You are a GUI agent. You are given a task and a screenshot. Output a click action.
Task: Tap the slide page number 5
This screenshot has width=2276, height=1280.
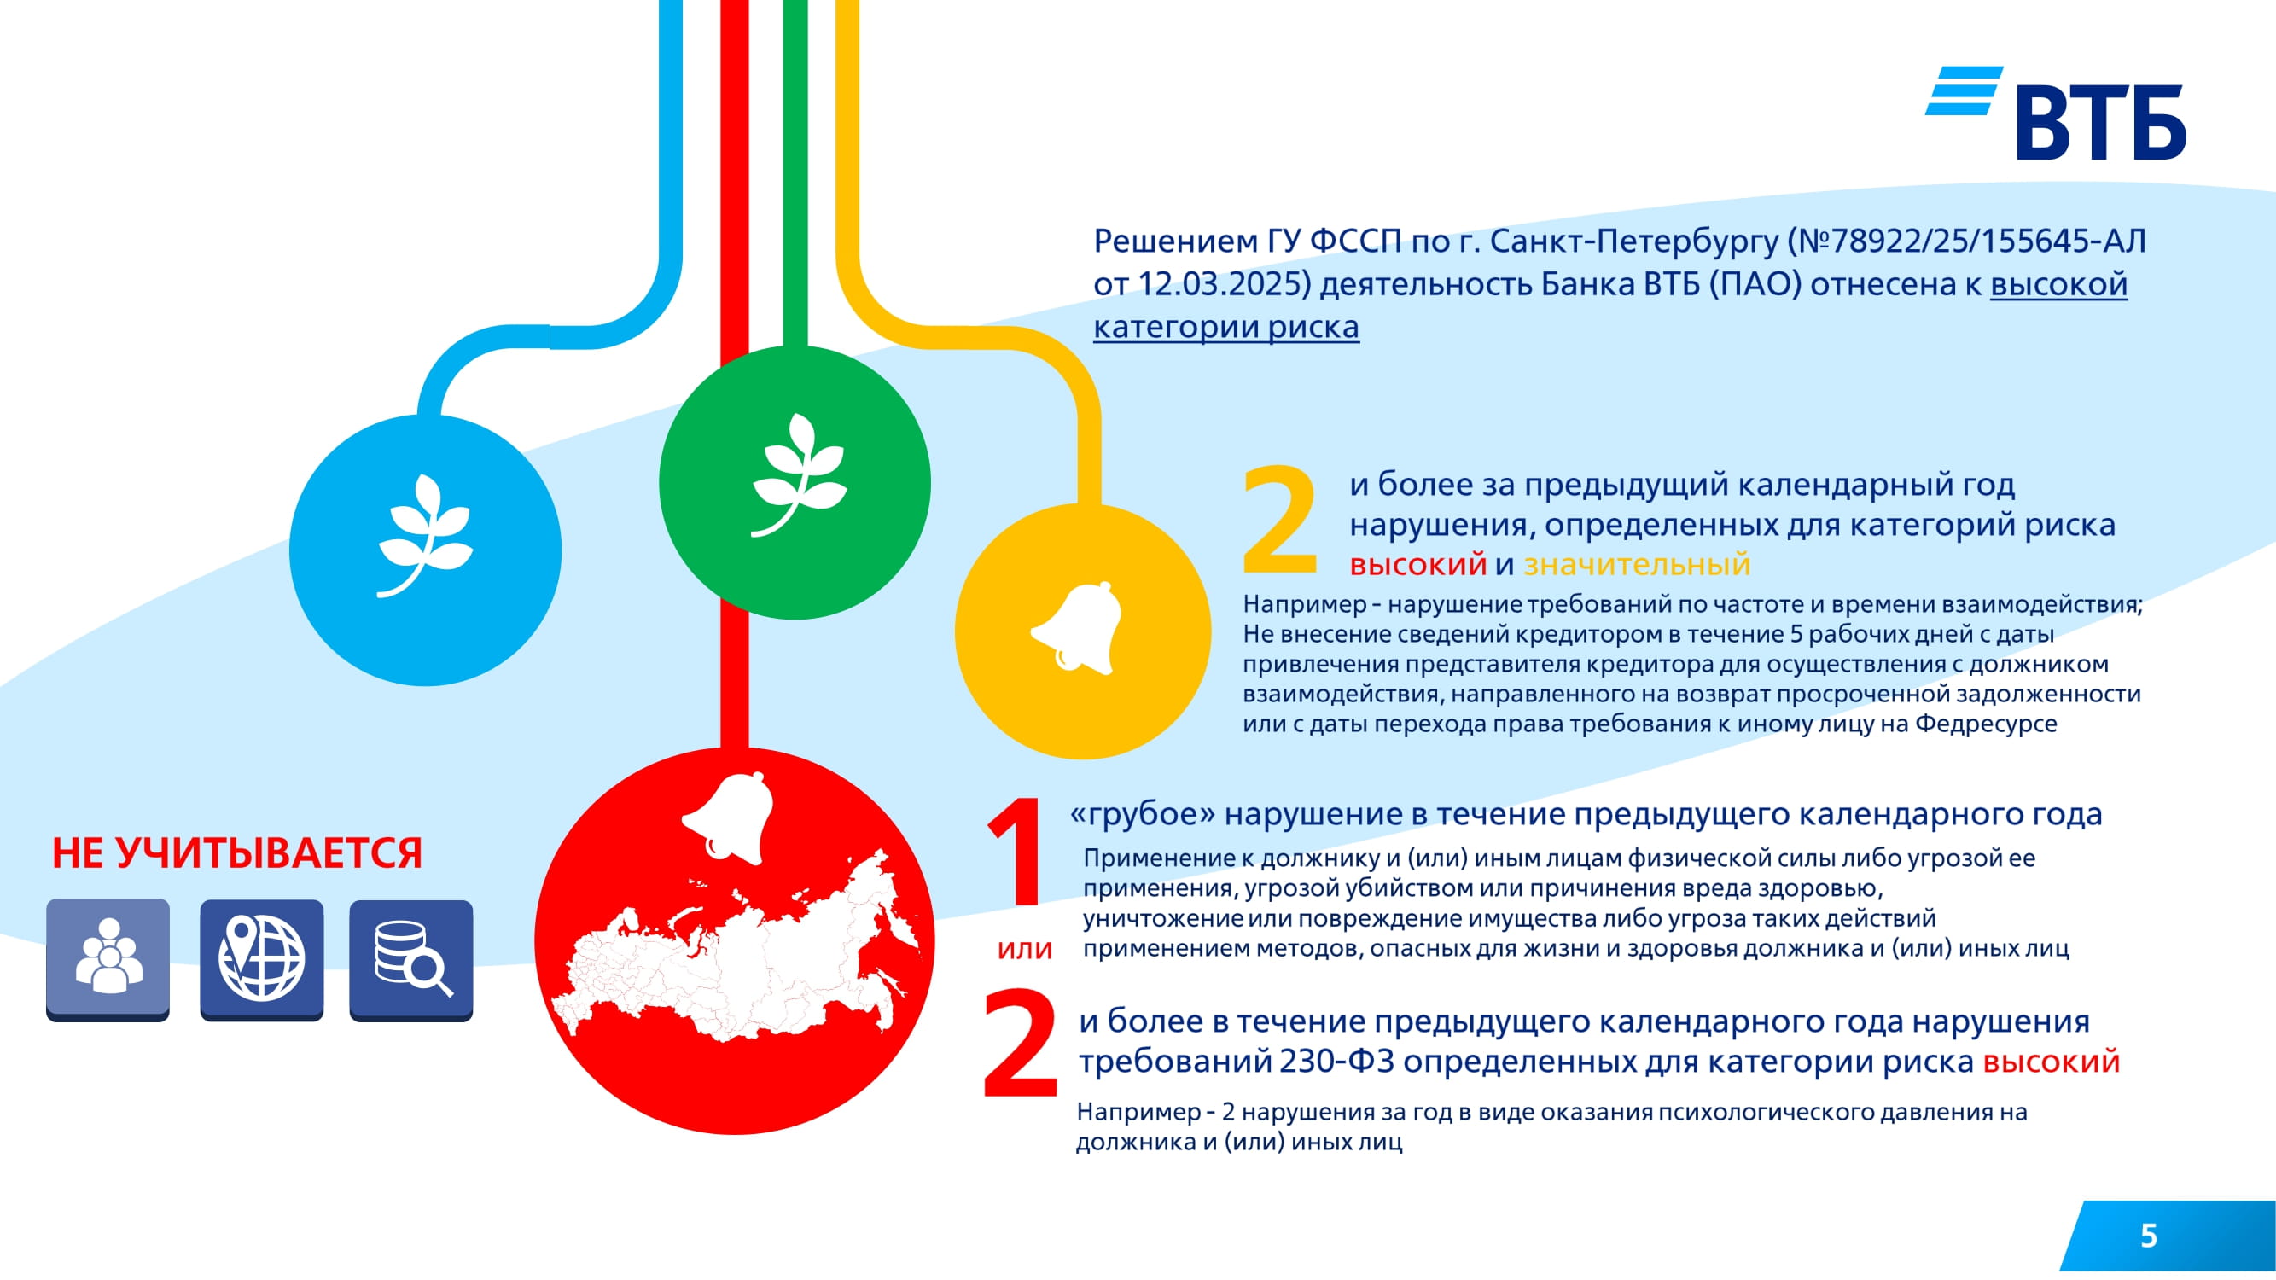tap(2149, 1236)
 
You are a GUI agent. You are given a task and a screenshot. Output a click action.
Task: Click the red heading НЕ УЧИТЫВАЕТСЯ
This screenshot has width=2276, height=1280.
tap(236, 853)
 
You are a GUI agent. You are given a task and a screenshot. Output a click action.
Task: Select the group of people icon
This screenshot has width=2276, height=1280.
tap(108, 959)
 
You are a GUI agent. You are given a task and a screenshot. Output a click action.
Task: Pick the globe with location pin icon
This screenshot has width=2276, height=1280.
tap(261, 959)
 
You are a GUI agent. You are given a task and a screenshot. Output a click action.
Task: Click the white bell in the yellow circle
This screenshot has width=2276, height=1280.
tap(1077, 628)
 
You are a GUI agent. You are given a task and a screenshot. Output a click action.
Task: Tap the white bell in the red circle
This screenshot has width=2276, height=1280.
tap(728, 817)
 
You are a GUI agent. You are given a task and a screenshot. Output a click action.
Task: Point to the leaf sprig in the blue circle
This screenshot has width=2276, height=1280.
tap(425, 535)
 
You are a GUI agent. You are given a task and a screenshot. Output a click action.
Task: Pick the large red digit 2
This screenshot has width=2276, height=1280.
tap(1021, 1044)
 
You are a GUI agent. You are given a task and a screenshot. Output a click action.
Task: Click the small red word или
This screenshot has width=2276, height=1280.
tap(1025, 950)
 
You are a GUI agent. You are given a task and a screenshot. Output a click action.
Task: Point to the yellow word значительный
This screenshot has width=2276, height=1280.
tap(1637, 564)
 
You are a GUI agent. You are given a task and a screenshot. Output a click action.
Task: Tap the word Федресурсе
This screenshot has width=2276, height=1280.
tap(1986, 724)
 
